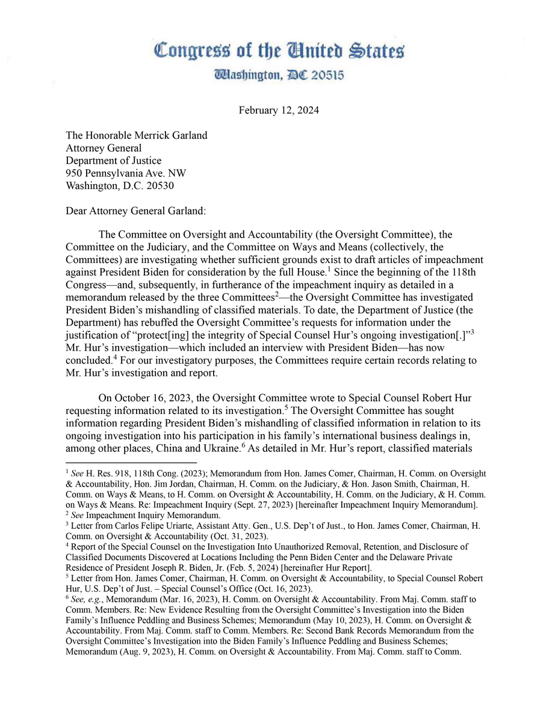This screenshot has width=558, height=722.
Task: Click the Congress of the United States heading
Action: pyautogui.click(x=279, y=51)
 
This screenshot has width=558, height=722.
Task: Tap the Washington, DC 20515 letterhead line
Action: pyautogui.click(x=279, y=76)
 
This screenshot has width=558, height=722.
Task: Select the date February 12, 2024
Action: pyautogui.click(x=279, y=110)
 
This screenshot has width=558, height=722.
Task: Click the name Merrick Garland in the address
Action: pyautogui.click(x=172, y=135)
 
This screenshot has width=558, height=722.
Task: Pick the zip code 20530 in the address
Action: pyautogui.click(x=158, y=185)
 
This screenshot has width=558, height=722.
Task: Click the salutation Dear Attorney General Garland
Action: pyautogui.click(x=135, y=211)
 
